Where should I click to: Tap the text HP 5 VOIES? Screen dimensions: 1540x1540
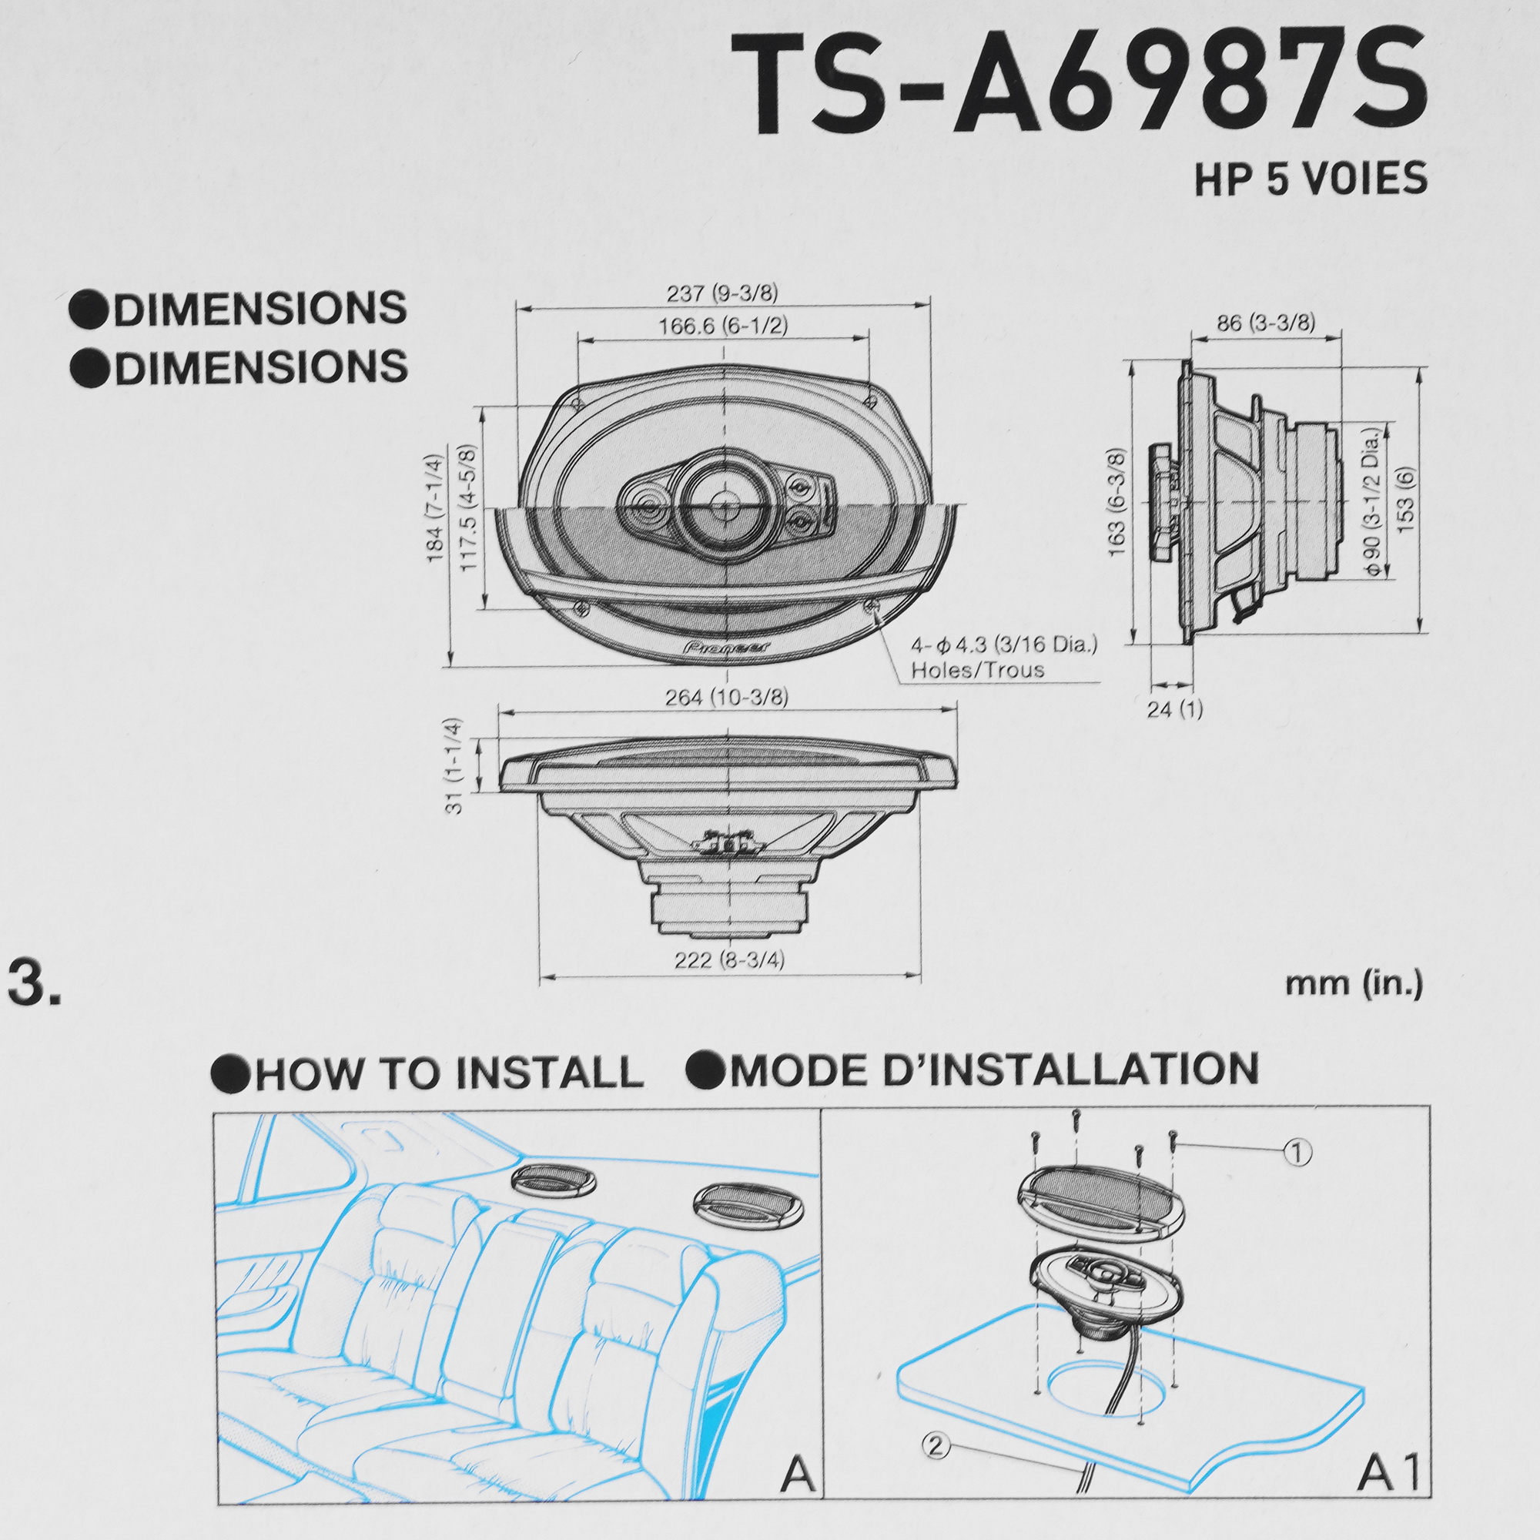click(1310, 179)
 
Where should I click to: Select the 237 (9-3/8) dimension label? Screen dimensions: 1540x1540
click(721, 293)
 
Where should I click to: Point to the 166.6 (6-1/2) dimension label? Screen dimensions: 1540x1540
click(722, 326)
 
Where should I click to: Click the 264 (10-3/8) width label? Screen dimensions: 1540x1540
click(726, 698)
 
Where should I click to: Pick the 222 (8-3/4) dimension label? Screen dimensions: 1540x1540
click(728, 960)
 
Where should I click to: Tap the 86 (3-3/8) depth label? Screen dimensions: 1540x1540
click(1265, 323)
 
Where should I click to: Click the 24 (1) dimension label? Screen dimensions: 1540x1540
click(1174, 708)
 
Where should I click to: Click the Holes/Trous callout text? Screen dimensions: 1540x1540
click(977, 670)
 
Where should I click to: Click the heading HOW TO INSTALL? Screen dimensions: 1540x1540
click(449, 1073)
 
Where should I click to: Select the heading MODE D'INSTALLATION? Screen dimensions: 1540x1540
click(993, 1070)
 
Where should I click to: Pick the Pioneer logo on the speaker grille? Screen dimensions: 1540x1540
click(725, 647)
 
